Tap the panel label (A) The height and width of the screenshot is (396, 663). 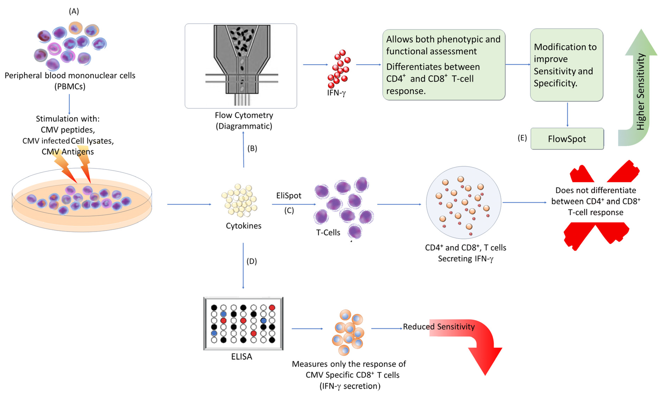tap(74, 11)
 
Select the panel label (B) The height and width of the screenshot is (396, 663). tap(252, 148)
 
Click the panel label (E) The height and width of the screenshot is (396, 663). tap(522, 138)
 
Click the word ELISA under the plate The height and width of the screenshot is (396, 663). tap(241, 357)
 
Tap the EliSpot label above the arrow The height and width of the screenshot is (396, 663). tap(289, 196)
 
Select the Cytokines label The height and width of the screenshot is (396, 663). tap(244, 226)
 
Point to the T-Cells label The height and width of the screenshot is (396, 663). tap(328, 232)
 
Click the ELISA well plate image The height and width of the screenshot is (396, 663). tap(243, 323)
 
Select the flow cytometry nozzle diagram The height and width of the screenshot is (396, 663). tap(242, 65)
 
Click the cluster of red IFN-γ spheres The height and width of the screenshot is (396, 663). tap(339, 69)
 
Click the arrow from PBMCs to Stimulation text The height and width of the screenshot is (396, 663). tap(69, 104)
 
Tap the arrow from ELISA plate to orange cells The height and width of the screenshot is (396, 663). tap(307, 329)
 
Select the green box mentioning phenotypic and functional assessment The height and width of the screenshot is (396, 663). tap(444, 65)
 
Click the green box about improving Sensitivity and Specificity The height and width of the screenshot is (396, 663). tap(567, 65)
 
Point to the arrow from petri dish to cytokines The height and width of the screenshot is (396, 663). tap(189, 204)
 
